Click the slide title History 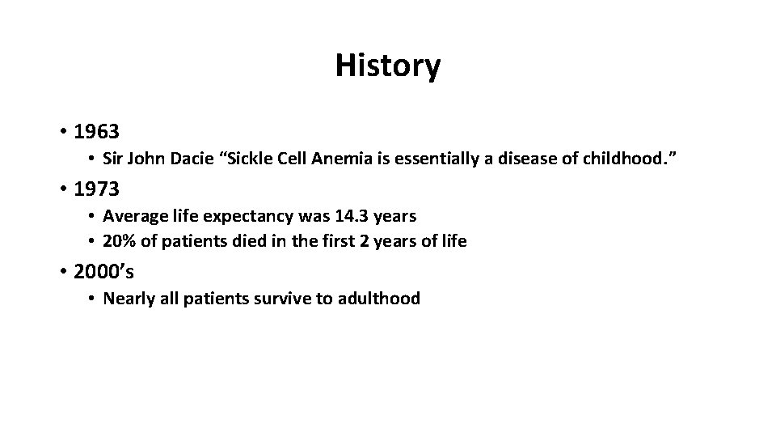(388, 66)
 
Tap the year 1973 (96, 189)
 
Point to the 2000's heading (103, 273)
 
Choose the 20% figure (118, 241)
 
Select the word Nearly (129, 299)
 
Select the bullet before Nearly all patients (93, 299)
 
